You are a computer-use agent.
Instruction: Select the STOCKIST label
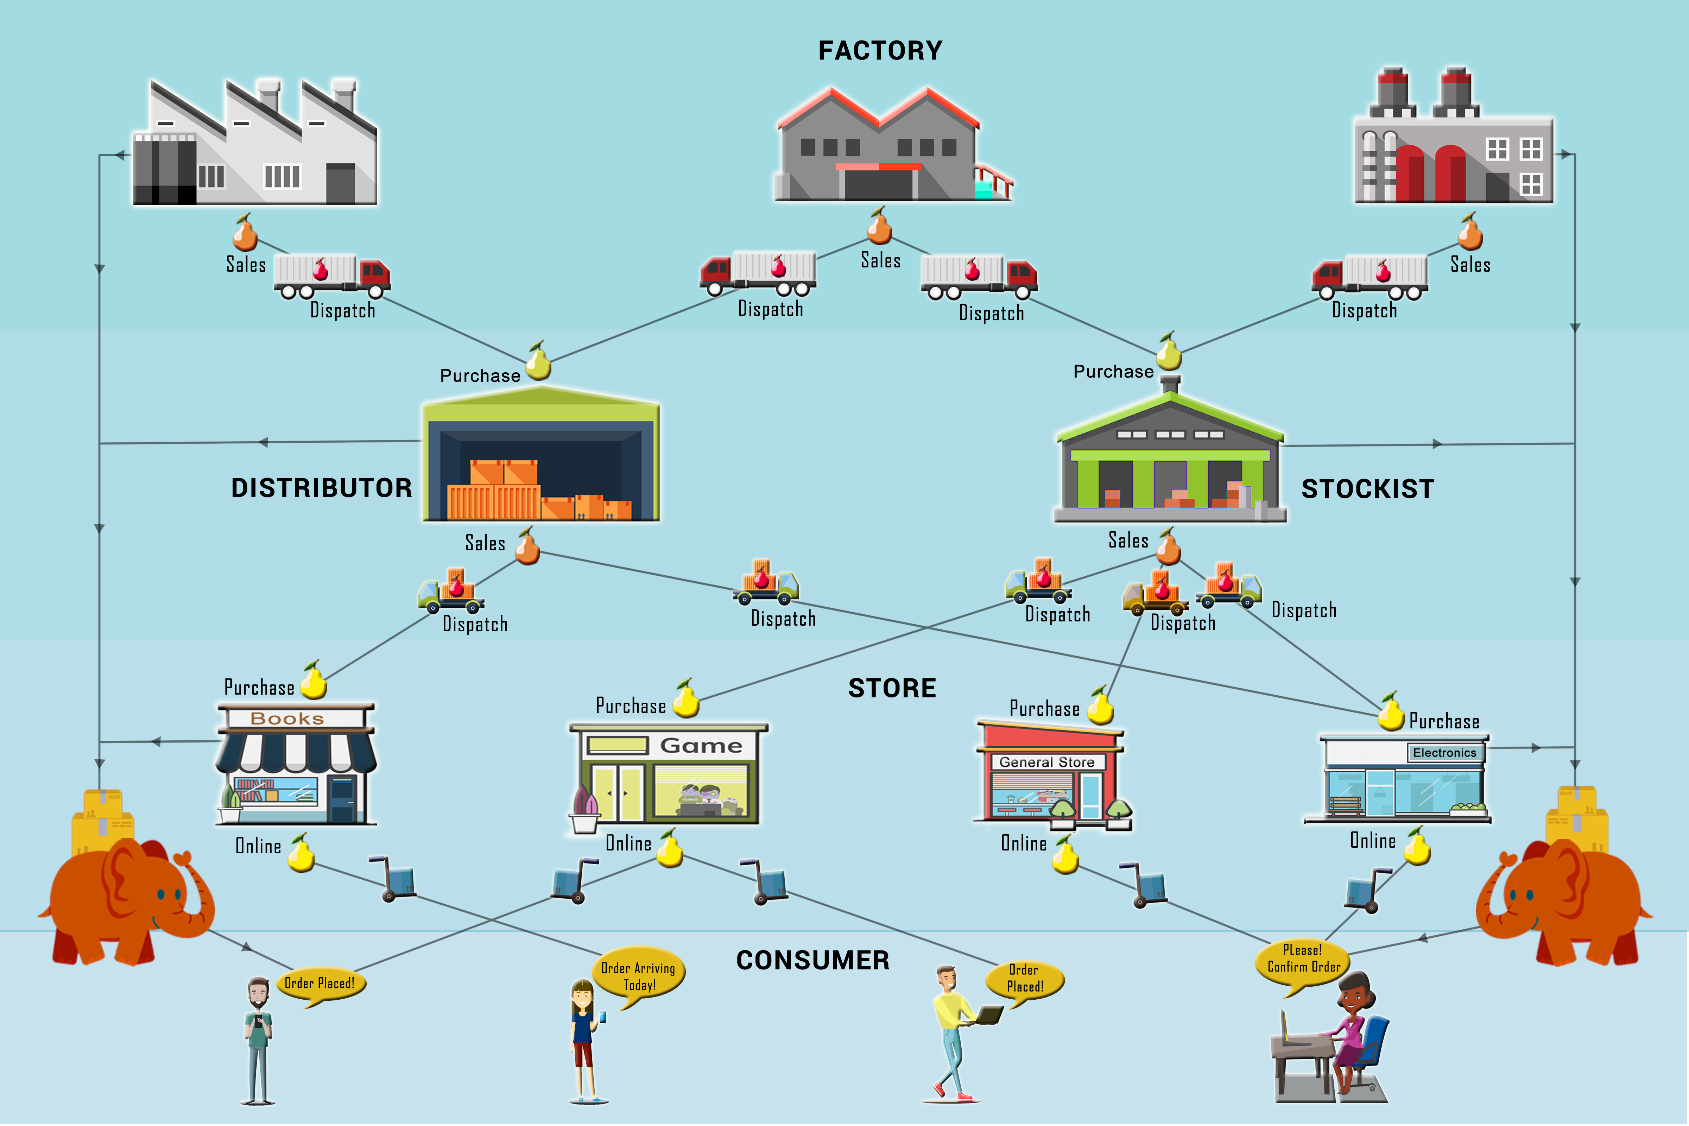click(1367, 489)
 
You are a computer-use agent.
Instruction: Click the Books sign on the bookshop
click(287, 718)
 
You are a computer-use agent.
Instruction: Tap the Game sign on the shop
click(701, 745)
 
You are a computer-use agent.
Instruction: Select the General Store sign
click(1047, 762)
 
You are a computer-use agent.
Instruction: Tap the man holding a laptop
click(955, 1034)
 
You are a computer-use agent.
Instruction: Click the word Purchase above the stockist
click(1113, 371)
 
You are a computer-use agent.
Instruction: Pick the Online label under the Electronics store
click(1372, 840)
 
